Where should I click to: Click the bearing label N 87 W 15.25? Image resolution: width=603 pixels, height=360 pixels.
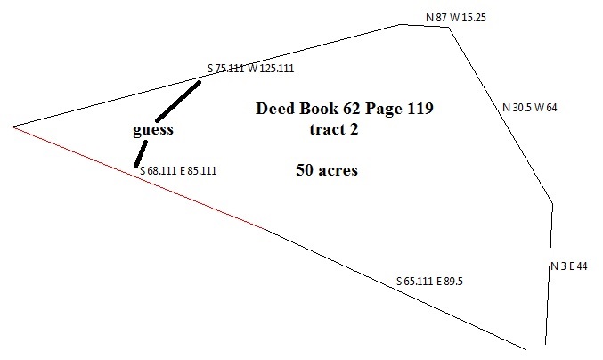pos(457,17)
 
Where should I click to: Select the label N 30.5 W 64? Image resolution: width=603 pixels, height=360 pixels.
pos(529,108)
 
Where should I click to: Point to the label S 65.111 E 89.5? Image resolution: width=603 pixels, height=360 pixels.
pos(429,282)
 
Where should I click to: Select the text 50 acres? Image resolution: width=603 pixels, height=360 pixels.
pos(326,169)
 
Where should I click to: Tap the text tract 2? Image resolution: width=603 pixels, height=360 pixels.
pos(333,129)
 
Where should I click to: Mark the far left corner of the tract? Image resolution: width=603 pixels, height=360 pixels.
pos(12,127)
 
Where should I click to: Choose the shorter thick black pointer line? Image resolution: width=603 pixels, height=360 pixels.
pos(140,152)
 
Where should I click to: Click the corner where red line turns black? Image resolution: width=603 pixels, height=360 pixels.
pos(266,229)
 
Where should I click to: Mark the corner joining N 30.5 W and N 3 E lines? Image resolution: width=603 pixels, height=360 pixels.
pos(553,204)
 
